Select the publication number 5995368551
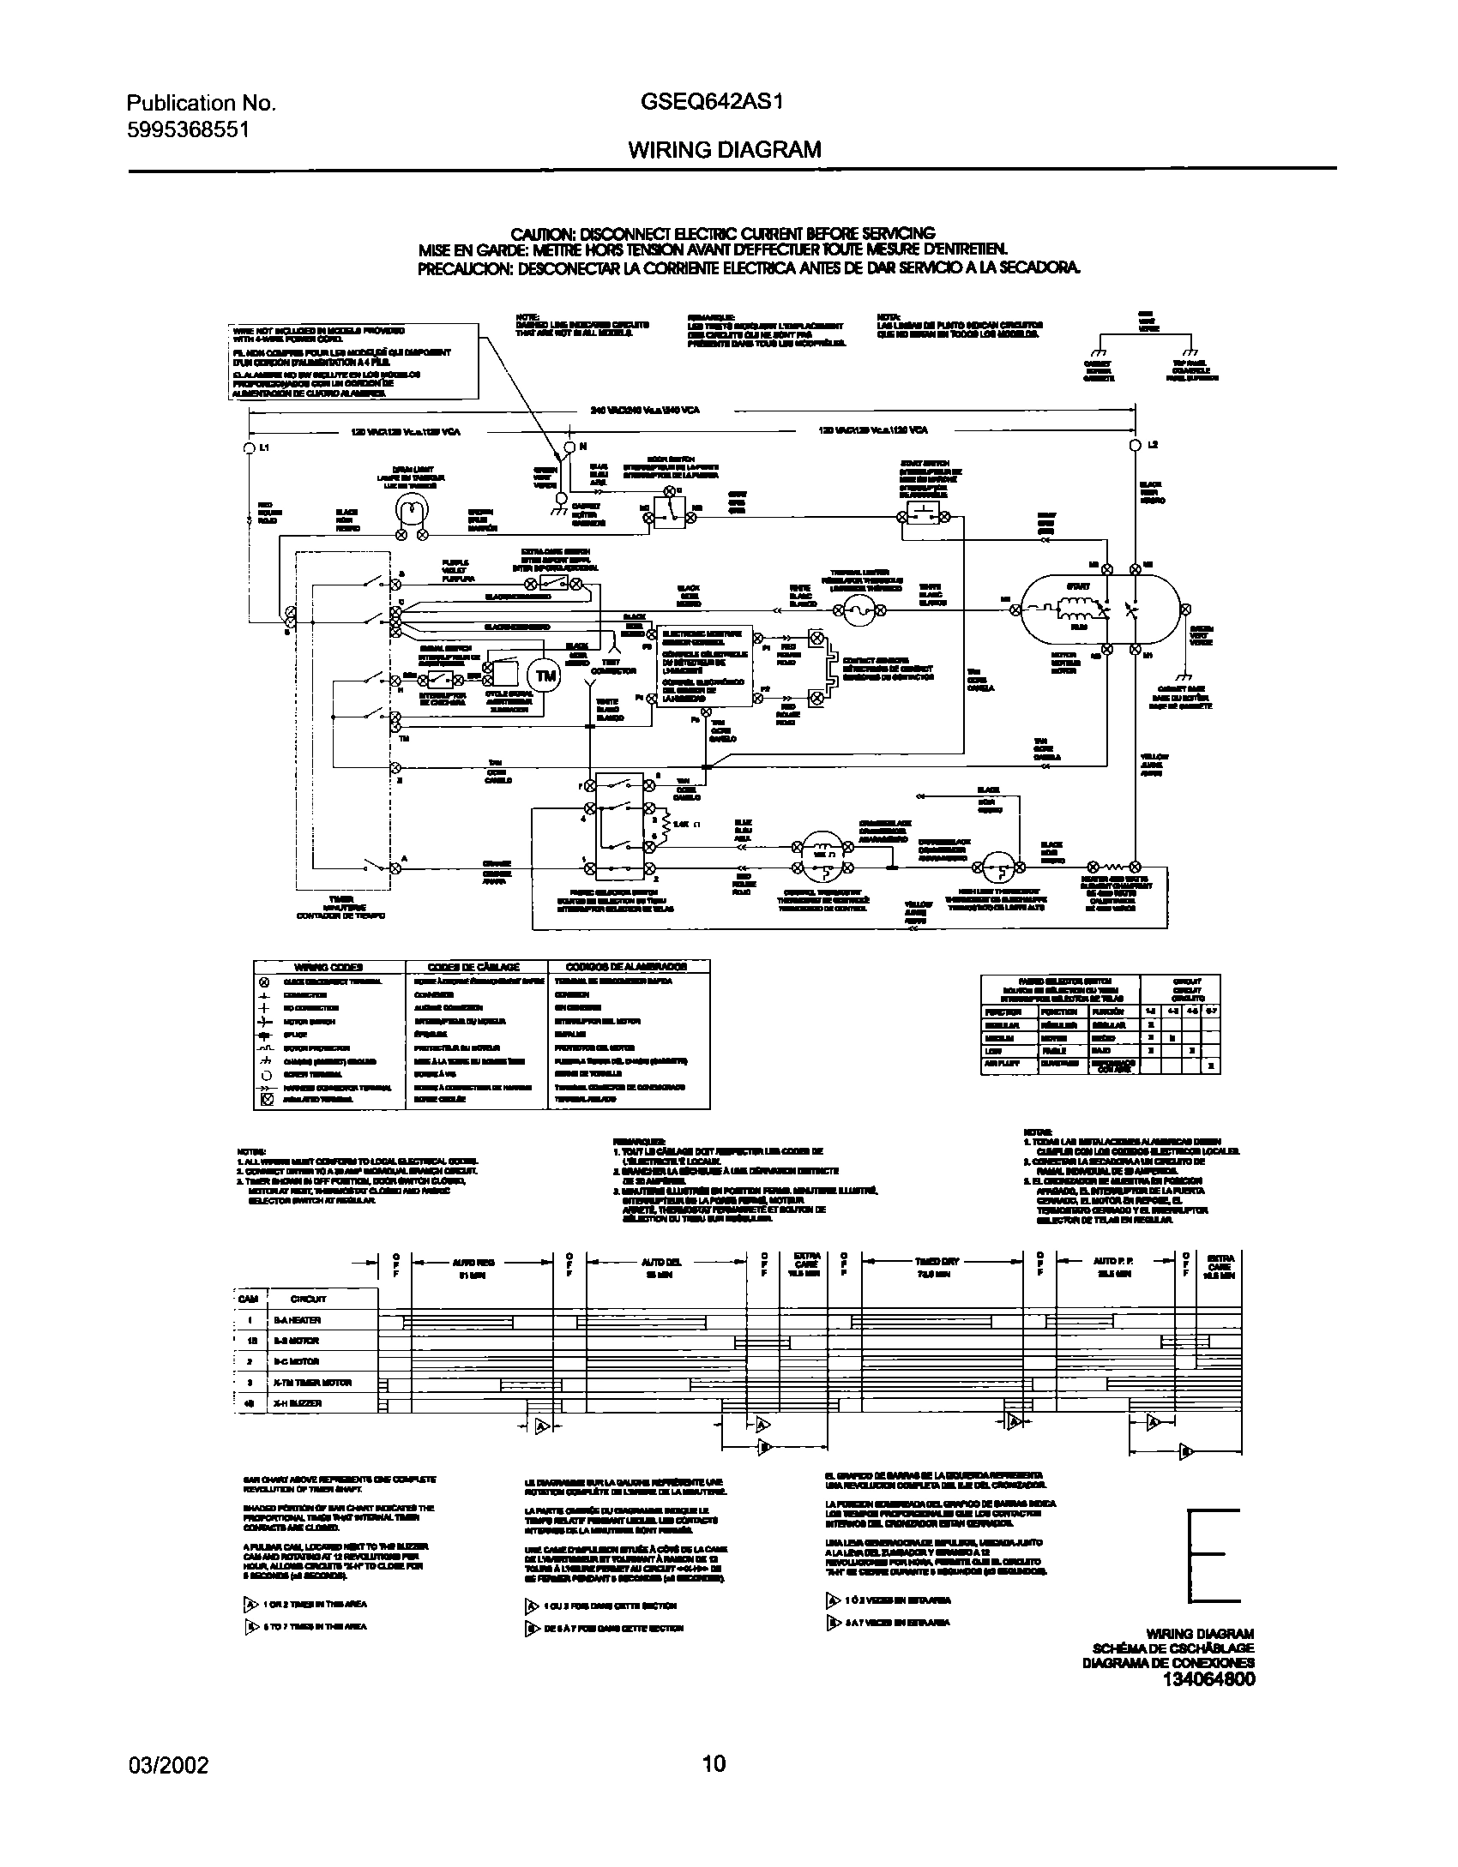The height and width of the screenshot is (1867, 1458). pos(188,129)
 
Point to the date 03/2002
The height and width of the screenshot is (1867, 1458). pos(167,1764)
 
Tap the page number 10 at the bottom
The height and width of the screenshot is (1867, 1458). pos(714,1764)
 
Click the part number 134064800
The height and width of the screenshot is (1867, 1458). pos(1208,1678)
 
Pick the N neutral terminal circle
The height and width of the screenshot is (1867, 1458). pos(569,447)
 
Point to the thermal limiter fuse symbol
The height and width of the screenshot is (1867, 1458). pos(857,610)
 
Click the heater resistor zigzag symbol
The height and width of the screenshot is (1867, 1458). pos(1112,867)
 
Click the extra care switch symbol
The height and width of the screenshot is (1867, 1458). pos(563,584)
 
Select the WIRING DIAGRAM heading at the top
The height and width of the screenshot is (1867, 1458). pos(724,150)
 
